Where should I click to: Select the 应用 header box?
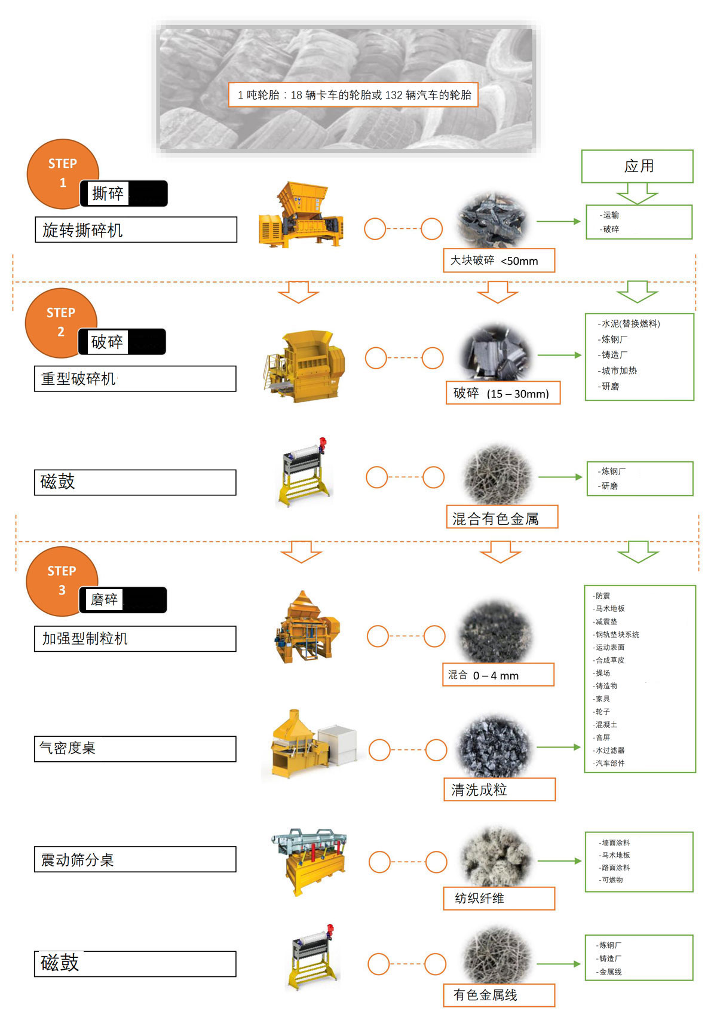(x=637, y=166)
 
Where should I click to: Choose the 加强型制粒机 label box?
(x=135, y=639)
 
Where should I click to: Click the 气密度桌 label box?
(x=135, y=749)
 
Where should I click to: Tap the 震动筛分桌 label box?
(x=135, y=859)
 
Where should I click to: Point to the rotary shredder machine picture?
(x=301, y=214)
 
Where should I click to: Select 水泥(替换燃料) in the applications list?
(x=629, y=324)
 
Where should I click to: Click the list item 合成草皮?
(x=609, y=660)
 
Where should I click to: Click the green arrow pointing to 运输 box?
(x=559, y=221)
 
